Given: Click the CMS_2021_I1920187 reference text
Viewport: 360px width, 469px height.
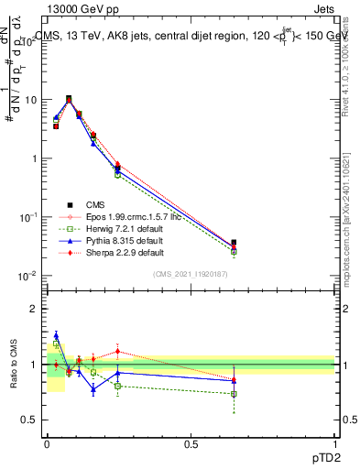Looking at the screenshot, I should [191, 274].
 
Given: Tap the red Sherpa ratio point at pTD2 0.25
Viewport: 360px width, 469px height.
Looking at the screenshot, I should [117, 351].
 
